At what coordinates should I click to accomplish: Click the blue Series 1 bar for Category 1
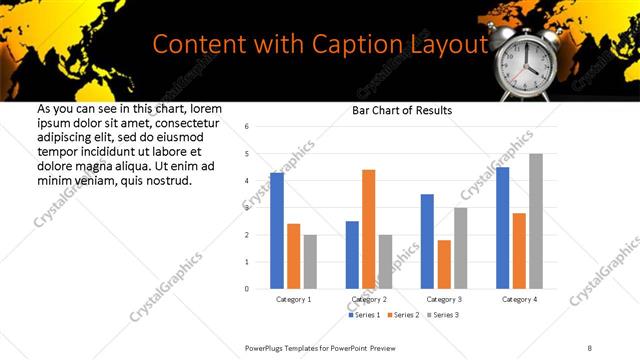[x=277, y=231]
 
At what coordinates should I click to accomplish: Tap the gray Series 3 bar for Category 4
[x=535, y=221]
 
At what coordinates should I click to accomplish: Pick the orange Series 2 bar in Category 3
[x=444, y=264]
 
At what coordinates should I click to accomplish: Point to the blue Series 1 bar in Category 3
[x=427, y=241]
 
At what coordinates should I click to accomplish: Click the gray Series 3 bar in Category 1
[x=310, y=261]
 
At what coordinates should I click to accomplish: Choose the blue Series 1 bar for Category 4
[x=502, y=228]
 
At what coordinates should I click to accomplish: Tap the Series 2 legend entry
[x=401, y=315]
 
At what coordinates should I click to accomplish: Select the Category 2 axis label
[x=368, y=299]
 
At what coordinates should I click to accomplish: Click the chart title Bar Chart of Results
[x=402, y=110]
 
